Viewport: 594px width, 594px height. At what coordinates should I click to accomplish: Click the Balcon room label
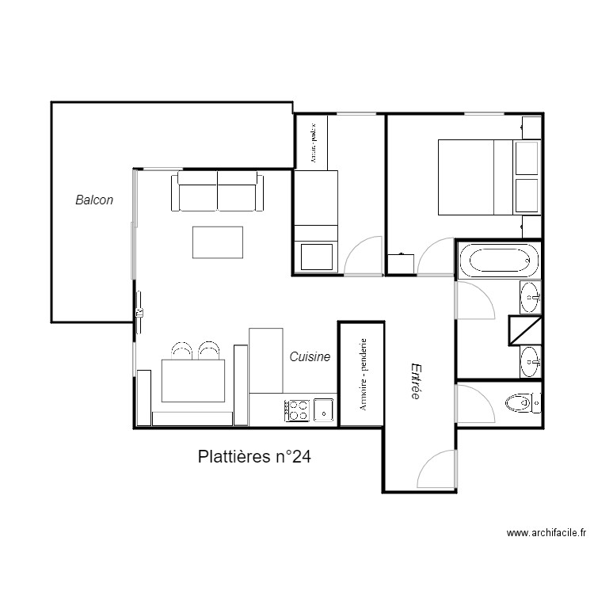[x=94, y=200]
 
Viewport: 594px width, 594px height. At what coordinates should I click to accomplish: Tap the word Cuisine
[x=309, y=357]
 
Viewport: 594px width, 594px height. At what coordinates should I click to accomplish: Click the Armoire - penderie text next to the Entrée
[x=362, y=374]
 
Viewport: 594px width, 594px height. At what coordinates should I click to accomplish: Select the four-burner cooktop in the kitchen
[x=299, y=409]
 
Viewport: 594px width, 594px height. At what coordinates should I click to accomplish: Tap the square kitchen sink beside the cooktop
[x=323, y=409]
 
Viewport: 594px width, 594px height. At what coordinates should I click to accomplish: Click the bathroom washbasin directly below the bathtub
[x=530, y=297]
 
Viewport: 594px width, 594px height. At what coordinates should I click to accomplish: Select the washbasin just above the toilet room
[x=530, y=362]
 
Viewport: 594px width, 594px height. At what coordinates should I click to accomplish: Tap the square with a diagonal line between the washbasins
[x=524, y=329]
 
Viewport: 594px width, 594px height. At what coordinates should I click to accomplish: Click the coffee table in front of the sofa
[x=218, y=242]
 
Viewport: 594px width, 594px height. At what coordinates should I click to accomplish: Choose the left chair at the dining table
[x=182, y=350]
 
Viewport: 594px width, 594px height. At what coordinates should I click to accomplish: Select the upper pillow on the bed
[x=527, y=157]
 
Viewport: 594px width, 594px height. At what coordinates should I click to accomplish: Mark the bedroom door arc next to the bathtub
[x=436, y=257]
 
